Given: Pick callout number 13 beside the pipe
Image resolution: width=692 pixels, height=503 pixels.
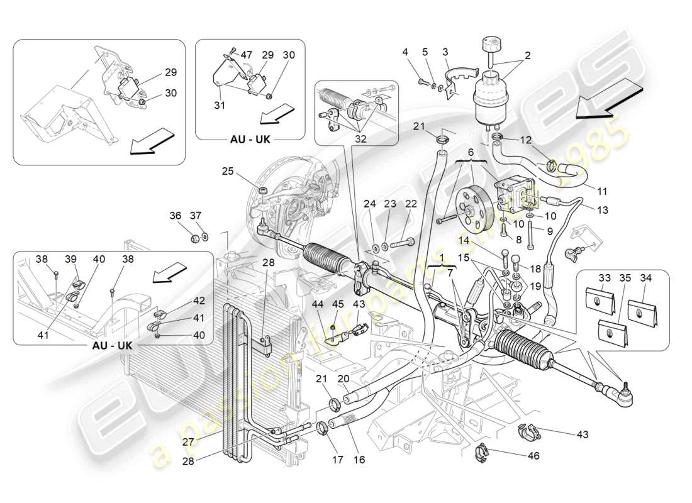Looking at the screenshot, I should click(603, 210).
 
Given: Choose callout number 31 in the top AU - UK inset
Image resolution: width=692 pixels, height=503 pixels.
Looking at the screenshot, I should click(218, 106).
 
